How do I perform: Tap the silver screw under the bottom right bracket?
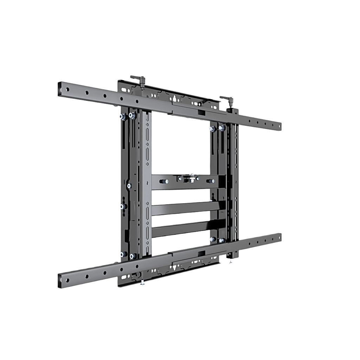coord(231,262)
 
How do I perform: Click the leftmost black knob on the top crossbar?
coord(164,181)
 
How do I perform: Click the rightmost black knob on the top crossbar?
coord(211,181)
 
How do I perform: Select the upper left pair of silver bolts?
coord(127,116)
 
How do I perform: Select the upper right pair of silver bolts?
coord(217,128)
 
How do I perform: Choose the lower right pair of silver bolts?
coord(217,240)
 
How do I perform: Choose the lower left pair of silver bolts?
coord(127,255)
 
